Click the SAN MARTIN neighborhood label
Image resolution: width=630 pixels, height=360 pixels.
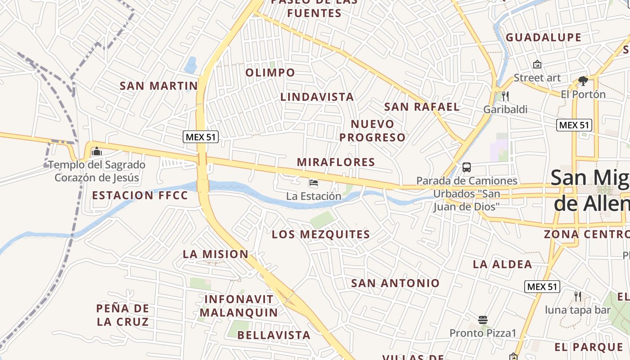(x=158, y=85)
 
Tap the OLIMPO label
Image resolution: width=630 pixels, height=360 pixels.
(x=270, y=72)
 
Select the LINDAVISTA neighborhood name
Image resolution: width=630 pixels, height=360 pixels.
(x=317, y=97)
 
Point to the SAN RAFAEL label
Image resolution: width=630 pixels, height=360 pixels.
(x=422, y=107)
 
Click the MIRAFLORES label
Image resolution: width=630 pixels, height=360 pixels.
(x=336, y=162)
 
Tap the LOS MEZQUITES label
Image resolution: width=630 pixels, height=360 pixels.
(x=321, y=234)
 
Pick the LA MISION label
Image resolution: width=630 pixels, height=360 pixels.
(x=216, y=254)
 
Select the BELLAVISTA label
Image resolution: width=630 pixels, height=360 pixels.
(x=274, y=335)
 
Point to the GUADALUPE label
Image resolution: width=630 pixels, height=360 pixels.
(x=544, y=37)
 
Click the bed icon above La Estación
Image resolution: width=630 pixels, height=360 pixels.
(x=314, y=183)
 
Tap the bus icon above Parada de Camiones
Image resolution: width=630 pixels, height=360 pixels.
(x=467, y=167)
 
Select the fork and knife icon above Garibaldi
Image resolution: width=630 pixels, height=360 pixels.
(x=505, y=96)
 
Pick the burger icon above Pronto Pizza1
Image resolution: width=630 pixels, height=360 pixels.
(x=483, y=320)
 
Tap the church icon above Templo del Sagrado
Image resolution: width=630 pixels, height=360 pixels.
(x=96, y=152)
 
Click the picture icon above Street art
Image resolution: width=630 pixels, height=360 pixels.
(x=537, y=65)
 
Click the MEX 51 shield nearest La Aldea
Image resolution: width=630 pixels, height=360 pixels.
(x=542, y=287)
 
